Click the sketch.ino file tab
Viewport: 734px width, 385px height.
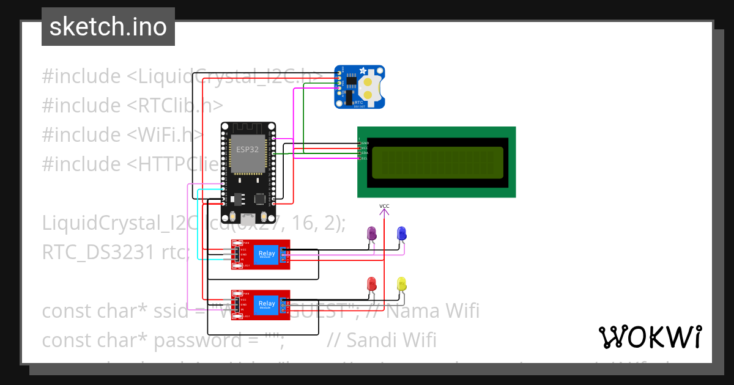coord(108,27)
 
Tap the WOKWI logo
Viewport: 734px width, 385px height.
coord(650,337)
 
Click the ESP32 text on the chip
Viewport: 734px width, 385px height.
coord(247,148)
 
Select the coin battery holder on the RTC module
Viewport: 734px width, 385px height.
coord(371,87)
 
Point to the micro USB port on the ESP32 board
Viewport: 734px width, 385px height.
coord(248,218)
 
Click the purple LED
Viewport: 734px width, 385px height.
coord(371,233)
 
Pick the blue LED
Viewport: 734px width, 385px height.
coord(402,233)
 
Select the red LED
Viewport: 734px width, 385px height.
coord(371,284)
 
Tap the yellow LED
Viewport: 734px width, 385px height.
coord(402,284)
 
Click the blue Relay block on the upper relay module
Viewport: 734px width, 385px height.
coord(266,254)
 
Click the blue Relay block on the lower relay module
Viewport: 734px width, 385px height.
coord(266,304)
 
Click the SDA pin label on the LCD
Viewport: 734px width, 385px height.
coord(365,153)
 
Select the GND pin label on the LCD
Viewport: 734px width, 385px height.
coord(365,142)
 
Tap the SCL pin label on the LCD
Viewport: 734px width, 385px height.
coord(365,158)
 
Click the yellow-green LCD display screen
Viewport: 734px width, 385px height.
coord(437,162)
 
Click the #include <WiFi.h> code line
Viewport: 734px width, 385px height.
coord(122,134)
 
